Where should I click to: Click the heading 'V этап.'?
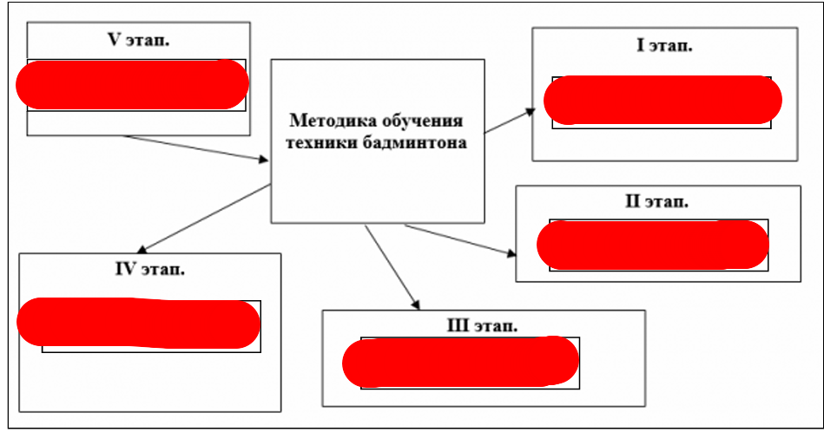138,41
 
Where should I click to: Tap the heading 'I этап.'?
664,46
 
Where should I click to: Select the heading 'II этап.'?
657,201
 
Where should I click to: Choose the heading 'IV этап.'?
150,269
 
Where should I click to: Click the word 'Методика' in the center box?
329,121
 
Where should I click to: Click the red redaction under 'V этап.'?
133,85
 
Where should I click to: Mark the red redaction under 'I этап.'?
663,100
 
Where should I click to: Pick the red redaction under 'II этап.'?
653,244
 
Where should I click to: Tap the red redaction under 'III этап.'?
461,363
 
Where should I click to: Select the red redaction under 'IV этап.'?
139,323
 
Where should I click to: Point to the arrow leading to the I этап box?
511,121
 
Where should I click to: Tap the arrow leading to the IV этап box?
203,217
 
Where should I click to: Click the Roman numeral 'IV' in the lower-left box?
127,269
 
